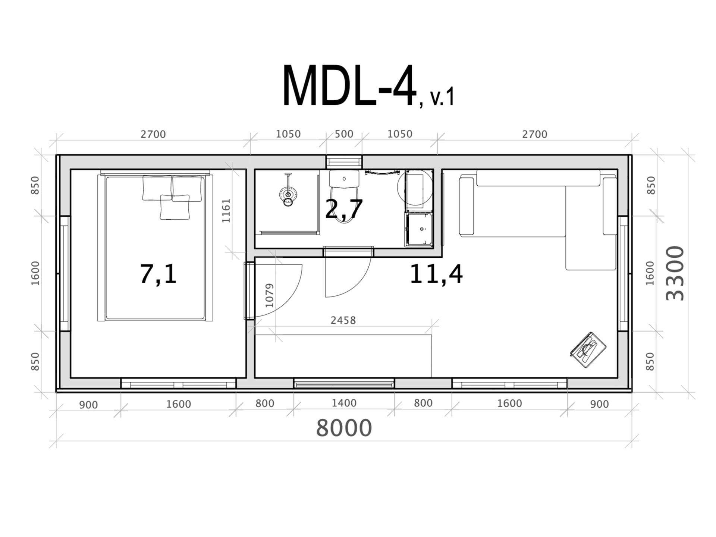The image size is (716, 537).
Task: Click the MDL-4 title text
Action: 349,86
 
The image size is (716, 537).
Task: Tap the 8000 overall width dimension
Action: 344,428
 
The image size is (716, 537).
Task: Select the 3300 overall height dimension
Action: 675,273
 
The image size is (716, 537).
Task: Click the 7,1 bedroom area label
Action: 158,274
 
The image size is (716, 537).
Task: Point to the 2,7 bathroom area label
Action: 344,209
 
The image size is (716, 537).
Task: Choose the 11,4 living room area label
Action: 436,274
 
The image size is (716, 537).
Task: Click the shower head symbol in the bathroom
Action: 288,194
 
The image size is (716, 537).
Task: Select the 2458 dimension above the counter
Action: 343,320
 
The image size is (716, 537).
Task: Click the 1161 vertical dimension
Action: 226,211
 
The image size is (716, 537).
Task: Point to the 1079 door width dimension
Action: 269,296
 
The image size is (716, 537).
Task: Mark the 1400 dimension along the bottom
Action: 344,403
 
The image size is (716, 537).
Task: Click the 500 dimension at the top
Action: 343,134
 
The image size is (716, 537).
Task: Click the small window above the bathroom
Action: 344,162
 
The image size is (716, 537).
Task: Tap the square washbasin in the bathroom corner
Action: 419,229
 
